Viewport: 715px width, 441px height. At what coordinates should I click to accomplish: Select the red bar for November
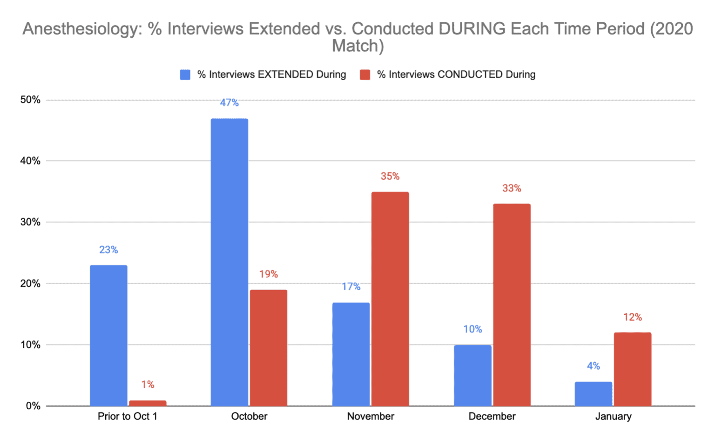(x=390, y=299)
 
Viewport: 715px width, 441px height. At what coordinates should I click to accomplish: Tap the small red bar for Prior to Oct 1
(x=148, y=403)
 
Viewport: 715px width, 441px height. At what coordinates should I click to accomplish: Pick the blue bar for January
(x=593, y=394)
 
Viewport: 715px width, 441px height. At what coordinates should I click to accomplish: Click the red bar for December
(x=512, y=305)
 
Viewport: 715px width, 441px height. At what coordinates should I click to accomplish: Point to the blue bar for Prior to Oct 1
(x=108, y=335)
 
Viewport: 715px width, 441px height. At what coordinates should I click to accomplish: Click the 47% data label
(x=229, y=103)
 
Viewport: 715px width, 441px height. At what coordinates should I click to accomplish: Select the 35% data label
(x=390, y=176)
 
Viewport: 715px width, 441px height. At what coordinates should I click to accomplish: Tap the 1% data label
(x=148, y=385)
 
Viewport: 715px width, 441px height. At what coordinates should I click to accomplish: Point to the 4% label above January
(x=593, y=366)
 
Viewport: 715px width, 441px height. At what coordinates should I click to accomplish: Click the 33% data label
(x=512, y=189)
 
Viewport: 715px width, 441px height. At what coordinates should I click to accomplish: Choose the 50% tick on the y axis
(x=30, y=100)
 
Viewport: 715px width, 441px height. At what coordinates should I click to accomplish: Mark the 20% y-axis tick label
(x=30, y=284)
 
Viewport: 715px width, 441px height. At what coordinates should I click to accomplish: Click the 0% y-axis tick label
(x=33, y=406)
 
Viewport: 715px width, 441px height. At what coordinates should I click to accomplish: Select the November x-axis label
(x=371, y=416)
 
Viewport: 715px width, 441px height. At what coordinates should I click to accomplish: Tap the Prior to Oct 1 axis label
(x=127, y=416)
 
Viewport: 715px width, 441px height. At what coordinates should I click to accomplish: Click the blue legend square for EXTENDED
(x=185, y=75)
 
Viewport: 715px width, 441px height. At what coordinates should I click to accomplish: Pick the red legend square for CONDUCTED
(x=365, y=75)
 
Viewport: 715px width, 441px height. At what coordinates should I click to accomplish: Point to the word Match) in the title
(x=357, y=46)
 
